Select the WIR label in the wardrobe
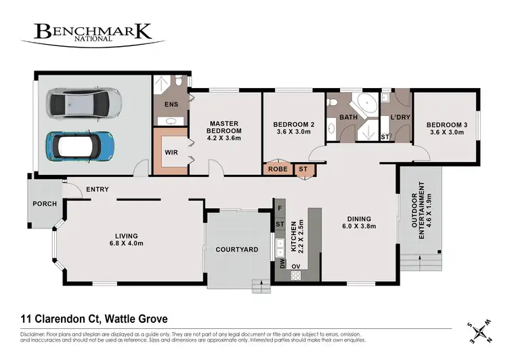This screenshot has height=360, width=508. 171,153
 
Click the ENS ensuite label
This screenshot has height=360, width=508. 171,104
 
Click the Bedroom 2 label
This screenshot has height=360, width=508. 293,125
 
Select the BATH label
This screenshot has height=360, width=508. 348,117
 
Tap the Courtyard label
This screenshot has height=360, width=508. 236,249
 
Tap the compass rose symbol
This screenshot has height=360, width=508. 481,330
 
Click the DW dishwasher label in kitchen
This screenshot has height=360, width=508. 281,264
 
